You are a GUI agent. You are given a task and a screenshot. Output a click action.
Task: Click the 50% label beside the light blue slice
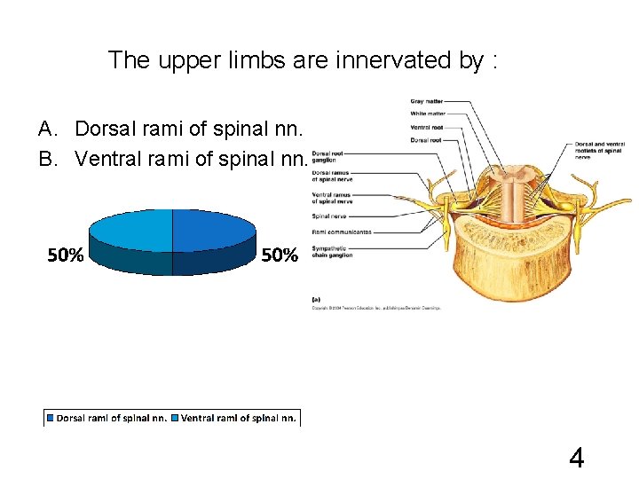(66, 256)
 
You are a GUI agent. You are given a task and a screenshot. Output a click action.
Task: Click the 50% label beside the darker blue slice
(280, 256)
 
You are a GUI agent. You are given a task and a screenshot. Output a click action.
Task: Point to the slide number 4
(576, 458)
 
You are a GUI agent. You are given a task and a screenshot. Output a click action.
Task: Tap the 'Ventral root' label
(426, 127)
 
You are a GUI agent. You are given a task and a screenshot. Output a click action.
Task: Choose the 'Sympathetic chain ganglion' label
(332, 251)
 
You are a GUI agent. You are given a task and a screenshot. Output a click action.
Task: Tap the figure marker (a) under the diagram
(317, 300)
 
